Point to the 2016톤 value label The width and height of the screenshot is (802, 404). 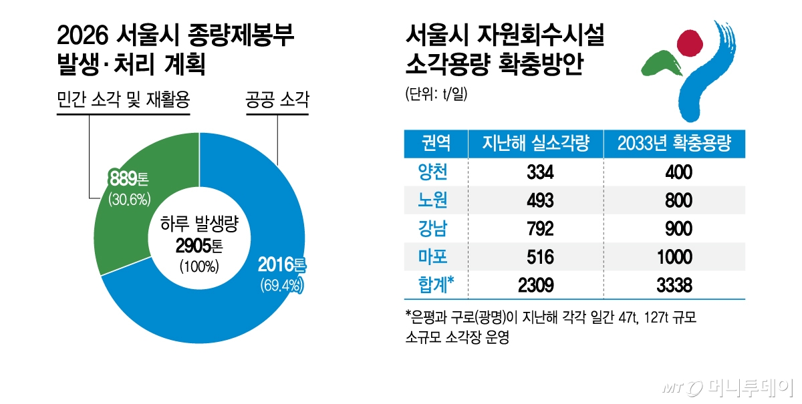[281, 266]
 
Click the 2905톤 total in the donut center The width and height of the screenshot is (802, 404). [200, 246]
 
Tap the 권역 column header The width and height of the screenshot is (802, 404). [435, 143]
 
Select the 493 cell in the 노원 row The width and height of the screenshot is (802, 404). [540, 201]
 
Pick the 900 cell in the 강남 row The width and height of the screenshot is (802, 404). [674, 229]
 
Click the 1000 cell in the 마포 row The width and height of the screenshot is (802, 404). [674, 257]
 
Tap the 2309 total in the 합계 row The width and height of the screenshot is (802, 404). [536, 285]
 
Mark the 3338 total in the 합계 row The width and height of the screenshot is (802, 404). [674, 285]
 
